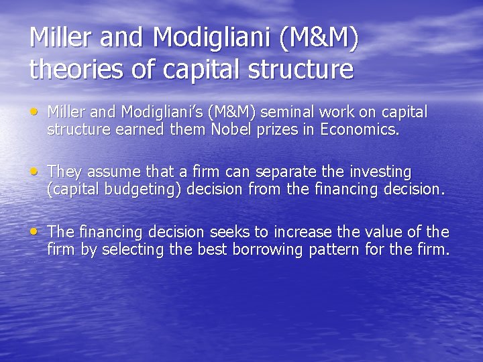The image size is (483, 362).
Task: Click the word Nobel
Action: pos(229,129)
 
